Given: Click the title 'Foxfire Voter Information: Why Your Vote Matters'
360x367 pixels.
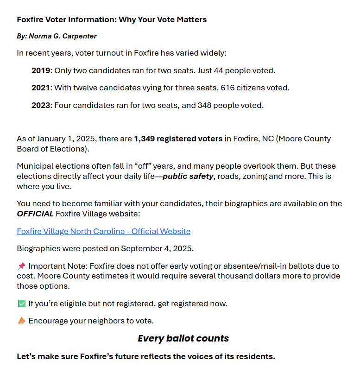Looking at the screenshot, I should (112, 19).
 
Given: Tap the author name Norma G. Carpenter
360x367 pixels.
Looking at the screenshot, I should (63, 36).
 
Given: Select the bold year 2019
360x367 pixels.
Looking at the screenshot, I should (40, 71).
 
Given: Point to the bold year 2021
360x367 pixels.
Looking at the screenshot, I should (40, 88).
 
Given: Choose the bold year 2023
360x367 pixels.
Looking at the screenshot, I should (40, 105).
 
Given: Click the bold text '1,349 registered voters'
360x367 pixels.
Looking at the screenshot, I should (178, 139).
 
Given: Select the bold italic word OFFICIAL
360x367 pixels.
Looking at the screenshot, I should (35, 214).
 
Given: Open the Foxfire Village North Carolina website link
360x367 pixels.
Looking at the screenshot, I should (103, 231).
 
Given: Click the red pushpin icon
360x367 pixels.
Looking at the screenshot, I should (21, 266).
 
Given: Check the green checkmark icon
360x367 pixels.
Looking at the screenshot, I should (21, 304).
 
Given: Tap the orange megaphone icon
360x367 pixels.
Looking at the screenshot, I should (21, 321).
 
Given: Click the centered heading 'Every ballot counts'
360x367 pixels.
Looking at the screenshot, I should (183, 338).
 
